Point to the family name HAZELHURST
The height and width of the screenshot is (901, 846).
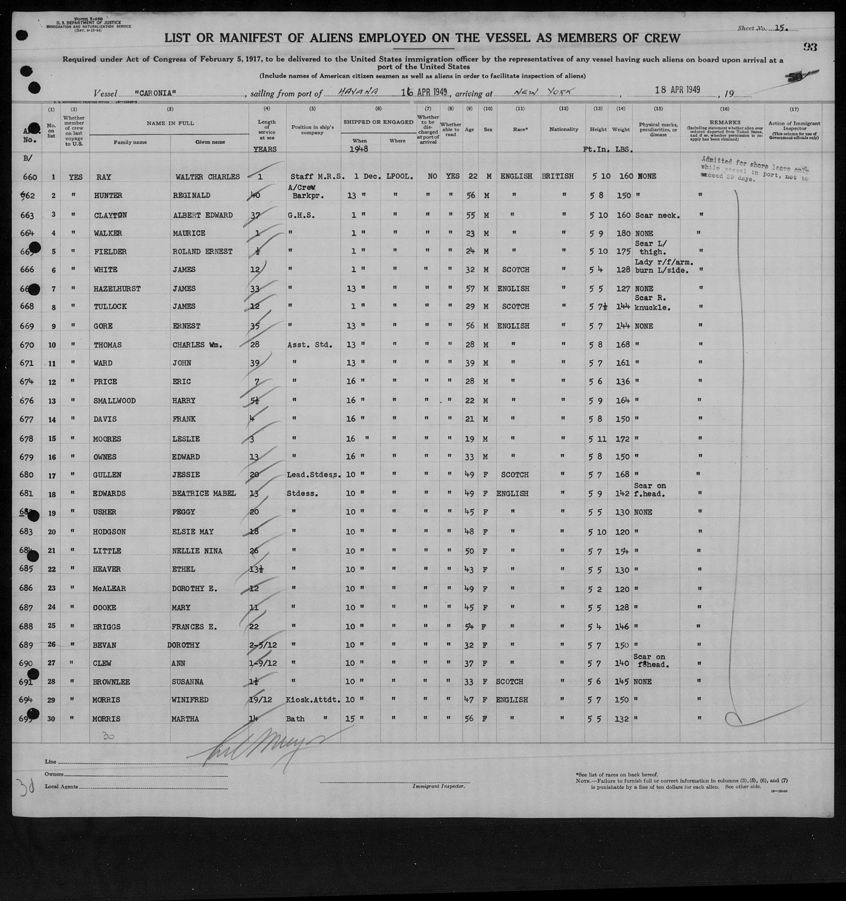117,289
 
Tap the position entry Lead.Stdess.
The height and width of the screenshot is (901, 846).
313,475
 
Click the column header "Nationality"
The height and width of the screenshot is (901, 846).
564,129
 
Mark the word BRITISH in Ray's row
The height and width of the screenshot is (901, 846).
558,176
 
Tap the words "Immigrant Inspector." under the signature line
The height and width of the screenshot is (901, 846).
438,786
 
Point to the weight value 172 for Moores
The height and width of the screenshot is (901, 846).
623,439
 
